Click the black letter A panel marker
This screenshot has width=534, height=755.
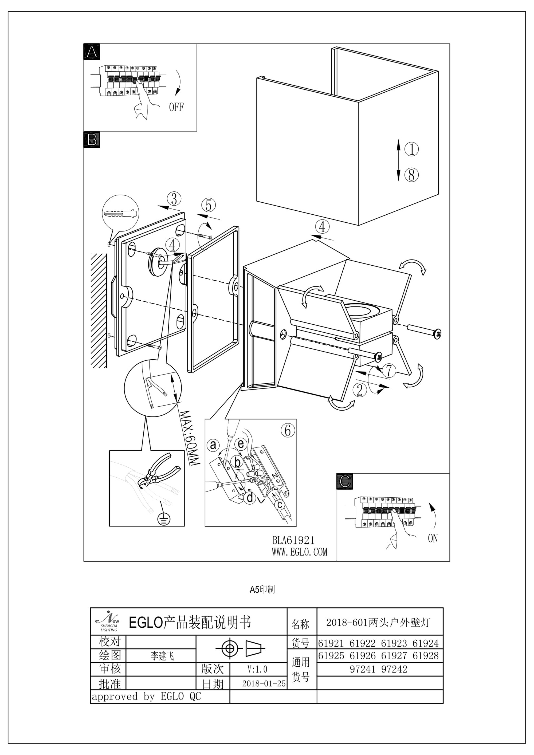pos(92,52)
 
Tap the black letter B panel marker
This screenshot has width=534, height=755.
pos(92,140)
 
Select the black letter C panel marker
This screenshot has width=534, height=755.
pos(345,481)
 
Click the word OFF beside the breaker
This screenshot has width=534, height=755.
pos(176,107)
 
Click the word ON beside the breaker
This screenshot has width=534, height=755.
pos(433,538)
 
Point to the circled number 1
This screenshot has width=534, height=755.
pos(411,149)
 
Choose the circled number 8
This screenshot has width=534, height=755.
pos(411,175)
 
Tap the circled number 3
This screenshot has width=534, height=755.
pos(174,199)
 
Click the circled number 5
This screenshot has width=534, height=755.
pos(209,205)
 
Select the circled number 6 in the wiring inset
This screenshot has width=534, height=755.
pos(288,430)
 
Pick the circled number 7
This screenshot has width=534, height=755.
pos(389,371)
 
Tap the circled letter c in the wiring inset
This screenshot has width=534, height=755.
pos(280,504)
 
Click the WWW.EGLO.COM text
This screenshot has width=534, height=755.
pos(300,552)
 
